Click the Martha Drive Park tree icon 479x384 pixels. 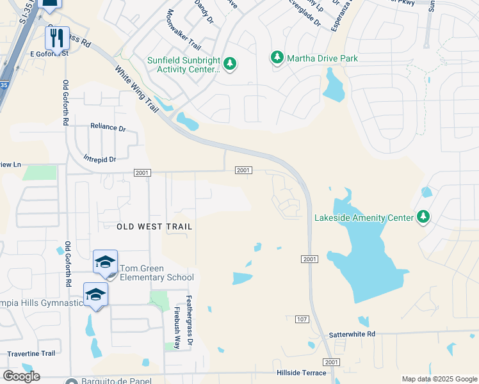coord(277,58)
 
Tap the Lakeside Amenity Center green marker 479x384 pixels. coord(423,218)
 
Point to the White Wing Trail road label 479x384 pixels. coord(136,90)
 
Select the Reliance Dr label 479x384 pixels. coord(108,128)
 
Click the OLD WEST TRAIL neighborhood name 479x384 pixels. coord(154,227)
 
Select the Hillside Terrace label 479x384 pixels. coord(301,372)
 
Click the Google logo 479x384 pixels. coord(21,376)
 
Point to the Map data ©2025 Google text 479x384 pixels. coord(439,379)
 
